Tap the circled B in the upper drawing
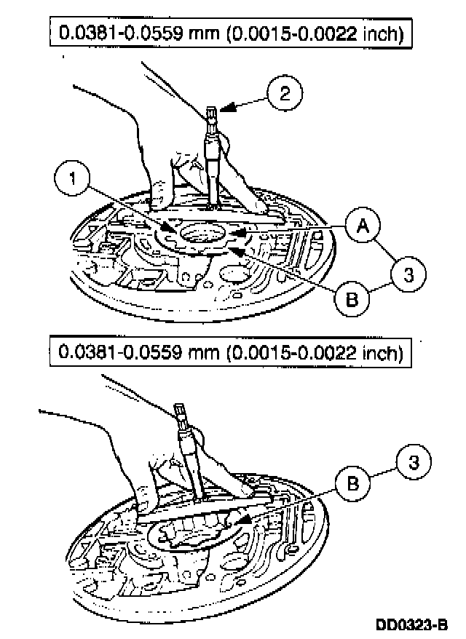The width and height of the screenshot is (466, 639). pyautogui.click(x=352, y=298)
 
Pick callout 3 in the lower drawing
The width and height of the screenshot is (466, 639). pyautogui.click(x=414, y=461)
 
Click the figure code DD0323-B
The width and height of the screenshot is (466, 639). pyautogui.click(x=412, y=624)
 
